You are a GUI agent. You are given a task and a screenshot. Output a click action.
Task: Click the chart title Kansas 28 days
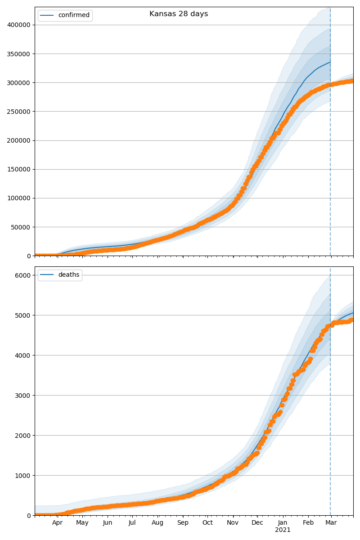(x=179, y=14)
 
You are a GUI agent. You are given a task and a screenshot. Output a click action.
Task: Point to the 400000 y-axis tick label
(x=19, y=25)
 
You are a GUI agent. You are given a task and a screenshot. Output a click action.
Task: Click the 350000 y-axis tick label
(x=19, y=54)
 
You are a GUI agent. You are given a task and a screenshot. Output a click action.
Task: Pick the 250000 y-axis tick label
(x=19, y=112)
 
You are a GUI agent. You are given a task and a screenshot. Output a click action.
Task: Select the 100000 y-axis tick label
(x=19, y=198)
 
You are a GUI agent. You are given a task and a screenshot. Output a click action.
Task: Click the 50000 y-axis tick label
(x=21, y=227)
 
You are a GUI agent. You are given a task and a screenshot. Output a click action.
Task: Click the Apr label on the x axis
(x=57, y=523)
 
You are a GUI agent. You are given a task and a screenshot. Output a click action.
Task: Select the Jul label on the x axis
(x=132, y=523)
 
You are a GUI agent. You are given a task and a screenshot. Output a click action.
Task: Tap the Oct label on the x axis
(x=207, y=523)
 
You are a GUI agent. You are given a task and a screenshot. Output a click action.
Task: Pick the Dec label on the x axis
(x=257, y=523)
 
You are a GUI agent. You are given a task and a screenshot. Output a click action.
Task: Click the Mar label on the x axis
(x=331, y=523)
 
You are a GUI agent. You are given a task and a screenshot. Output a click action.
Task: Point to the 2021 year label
(x=283, y=530)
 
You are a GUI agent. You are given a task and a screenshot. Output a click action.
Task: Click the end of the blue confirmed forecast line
(x=330, y=62)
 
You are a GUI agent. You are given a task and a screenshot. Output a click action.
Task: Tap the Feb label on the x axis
(x=308, y=523)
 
